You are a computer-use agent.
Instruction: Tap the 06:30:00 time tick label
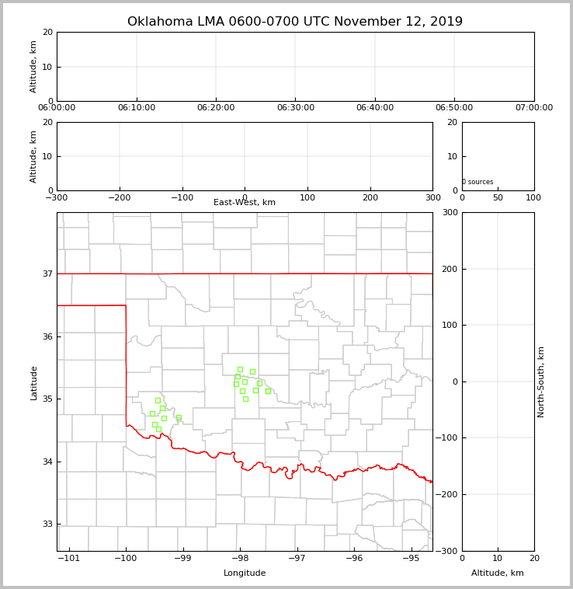pos(295,108)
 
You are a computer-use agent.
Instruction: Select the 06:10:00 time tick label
pos(137,108)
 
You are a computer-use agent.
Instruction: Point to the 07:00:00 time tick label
pos(533,108)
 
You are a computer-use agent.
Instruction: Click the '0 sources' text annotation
pos(477,182)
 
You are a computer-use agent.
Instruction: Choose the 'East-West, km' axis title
pos(245,203)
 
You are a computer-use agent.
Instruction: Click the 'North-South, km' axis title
pos(541,382)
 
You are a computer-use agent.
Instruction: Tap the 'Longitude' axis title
pos(245,573)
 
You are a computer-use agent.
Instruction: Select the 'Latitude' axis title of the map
pos(33,382)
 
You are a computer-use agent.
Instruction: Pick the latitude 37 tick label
pos(47,274)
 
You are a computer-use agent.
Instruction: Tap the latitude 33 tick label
pos(47,524)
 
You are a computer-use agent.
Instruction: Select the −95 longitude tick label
pos(411,559)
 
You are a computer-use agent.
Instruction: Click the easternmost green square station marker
pos(268,391)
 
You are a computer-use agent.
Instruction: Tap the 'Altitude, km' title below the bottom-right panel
pos(498,573)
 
